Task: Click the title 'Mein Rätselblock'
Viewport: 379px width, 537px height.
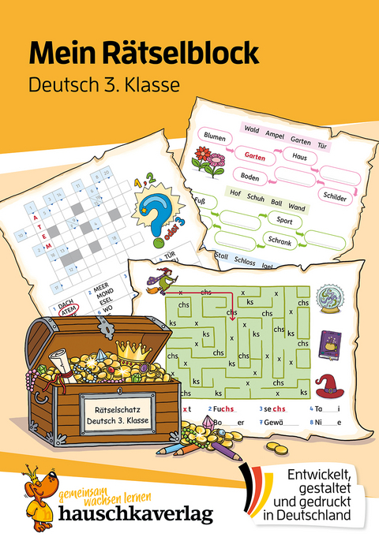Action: [x=144, y=52]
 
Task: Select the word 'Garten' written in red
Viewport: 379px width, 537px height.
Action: [x=233, y=157]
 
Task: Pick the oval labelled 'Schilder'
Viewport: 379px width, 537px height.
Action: [x=335, y=197]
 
